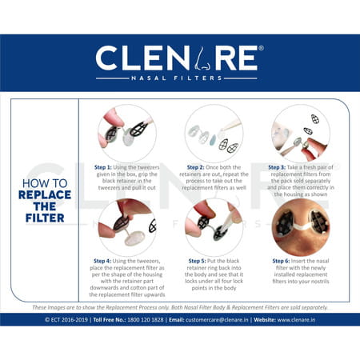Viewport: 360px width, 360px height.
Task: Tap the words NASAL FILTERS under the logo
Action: [179, 79]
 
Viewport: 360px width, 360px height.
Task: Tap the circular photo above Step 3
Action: [300, 131]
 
